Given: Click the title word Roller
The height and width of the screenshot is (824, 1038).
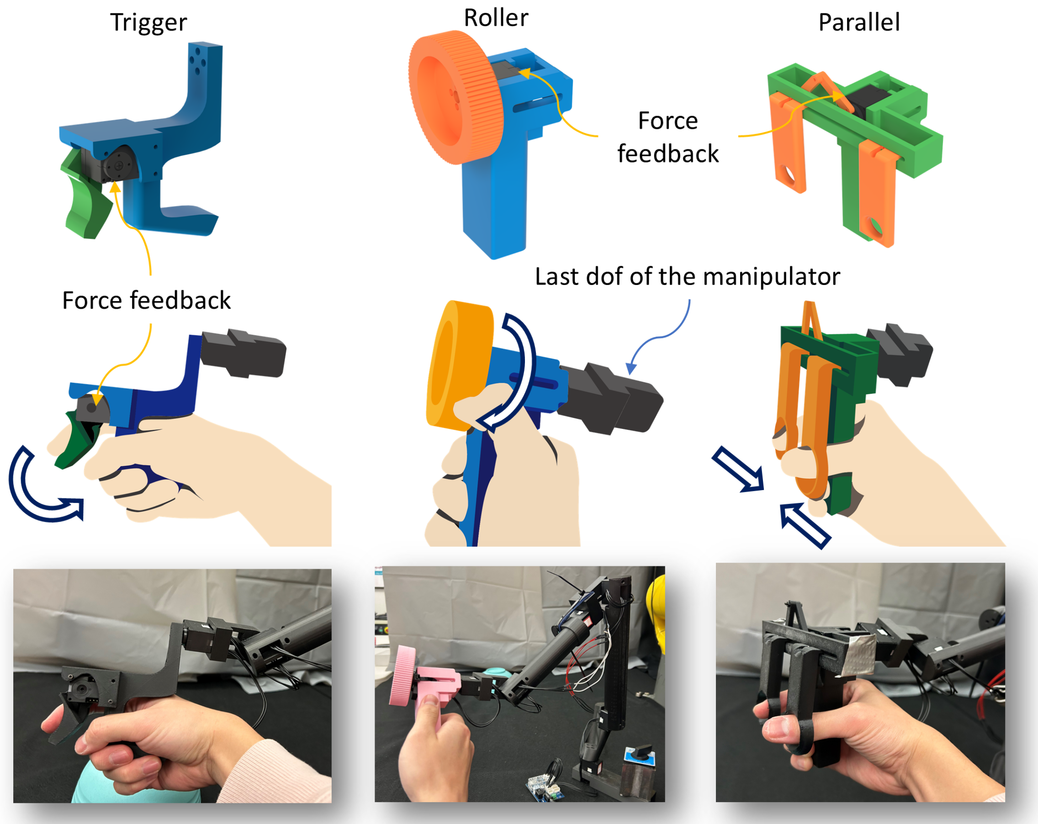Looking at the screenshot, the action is pos(496,18).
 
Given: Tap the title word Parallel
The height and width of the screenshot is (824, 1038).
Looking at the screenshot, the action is pos(859,22).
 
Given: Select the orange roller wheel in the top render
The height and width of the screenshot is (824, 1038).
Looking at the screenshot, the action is pos(453,97).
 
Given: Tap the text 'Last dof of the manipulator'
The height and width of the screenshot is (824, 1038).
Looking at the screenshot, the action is pos(688,277).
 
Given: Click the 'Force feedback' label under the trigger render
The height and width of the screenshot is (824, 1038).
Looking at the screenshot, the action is pos(146,301).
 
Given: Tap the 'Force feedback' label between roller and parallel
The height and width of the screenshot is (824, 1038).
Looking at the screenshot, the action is pos(668,137).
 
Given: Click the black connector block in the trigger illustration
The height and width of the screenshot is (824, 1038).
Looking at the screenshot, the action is pos(244,353).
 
